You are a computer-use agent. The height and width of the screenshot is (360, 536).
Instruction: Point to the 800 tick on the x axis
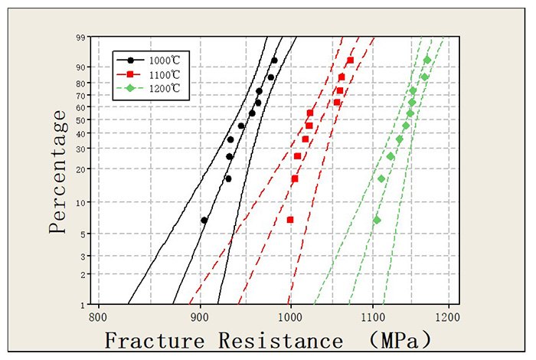97,316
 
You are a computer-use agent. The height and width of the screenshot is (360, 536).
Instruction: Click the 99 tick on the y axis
80,37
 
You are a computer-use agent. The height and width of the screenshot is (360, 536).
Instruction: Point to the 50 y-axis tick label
80,117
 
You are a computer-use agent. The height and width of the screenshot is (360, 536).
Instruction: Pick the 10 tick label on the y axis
80,202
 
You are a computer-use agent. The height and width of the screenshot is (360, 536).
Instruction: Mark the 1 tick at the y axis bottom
82,304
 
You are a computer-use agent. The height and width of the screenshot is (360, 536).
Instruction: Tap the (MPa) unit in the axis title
398,340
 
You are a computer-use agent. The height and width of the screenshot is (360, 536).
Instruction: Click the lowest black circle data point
204,220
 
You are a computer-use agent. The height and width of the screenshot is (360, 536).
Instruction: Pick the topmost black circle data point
274,60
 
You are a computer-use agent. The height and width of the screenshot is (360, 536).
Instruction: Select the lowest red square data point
290,220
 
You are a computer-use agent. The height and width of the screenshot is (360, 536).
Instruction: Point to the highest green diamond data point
427,60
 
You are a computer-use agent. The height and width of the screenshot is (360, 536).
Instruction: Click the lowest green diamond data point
376,220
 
